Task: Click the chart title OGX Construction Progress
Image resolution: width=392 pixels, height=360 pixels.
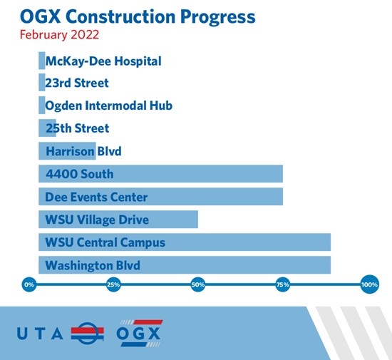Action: pyautogui.click(x=138, y=17)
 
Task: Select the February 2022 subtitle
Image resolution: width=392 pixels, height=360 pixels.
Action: pyautogui.click(x=59, y=35)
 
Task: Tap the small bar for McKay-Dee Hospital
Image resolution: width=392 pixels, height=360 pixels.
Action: pyautogui.click(x=42, y=61)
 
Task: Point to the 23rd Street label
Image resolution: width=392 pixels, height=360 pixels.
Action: pyautogui.click(x=77, y=83)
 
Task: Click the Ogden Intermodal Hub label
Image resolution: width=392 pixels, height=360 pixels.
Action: pyautogui.click(x=109, y=106)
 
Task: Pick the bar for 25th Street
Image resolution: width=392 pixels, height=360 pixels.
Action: pyautogui.click(x=47, y=128)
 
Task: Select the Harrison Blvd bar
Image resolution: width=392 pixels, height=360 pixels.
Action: pyautogui.click(x=67, y=151)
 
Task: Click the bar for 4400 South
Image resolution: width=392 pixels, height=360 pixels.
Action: pyautogui.click(x=161, y=174)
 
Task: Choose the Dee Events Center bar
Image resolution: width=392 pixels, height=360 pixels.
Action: pyautogui.click(x=161, y=197)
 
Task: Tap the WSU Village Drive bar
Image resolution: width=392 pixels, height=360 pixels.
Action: pyautogui.click(x=118, y=220)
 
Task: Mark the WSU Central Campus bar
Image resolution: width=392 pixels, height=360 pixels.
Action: pyautogui.click(x=185, y=242)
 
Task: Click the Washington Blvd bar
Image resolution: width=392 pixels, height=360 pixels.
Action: pyautogui.click(x=185, y=265)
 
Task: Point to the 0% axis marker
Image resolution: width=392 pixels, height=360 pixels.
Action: pyautogui.click(x=29, y=284)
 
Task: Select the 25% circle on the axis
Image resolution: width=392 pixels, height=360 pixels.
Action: pyautogui.click(x=113, y=284)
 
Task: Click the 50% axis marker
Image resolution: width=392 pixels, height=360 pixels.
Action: pyautogui.click(x=198, y=284)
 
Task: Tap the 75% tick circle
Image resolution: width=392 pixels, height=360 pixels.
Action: pyautogui.click(x=283, y=284)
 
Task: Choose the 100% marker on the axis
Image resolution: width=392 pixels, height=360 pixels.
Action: pyautogui.click(x=369, y=284)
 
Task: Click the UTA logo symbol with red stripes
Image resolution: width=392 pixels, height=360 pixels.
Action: pyautogui.click(x=88, y=333)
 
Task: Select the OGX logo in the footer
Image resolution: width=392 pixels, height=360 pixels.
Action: pyautogui.click(x=139, y=333)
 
